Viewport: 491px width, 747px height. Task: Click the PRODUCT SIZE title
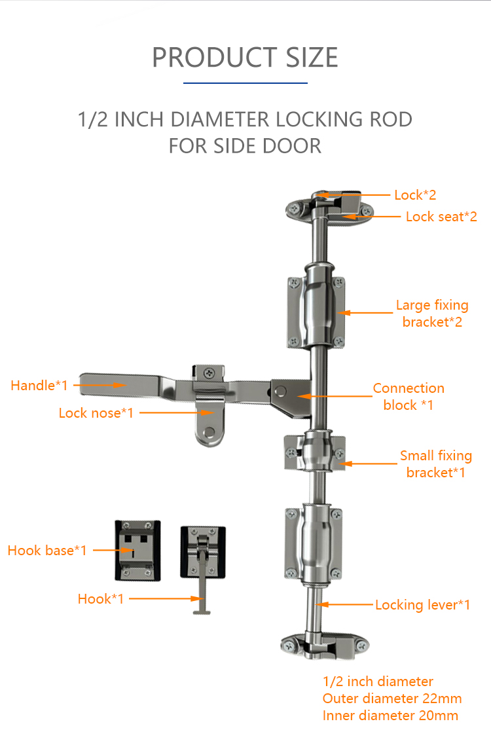(x=245, y=57)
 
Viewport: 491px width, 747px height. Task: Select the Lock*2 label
(x=415, y=195)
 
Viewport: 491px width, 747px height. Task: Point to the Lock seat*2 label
(x=441, y=217)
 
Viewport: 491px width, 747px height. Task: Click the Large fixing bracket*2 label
(x=432, y=314)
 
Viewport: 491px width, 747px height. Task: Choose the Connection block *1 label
(x=409, y=396)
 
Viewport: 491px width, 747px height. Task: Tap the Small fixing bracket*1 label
(x=436, y=464)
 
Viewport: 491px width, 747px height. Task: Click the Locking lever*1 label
(x=422, y=604)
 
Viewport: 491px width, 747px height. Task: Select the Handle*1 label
(x=39, y=386)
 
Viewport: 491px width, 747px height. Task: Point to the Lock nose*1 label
(x=96, y=412)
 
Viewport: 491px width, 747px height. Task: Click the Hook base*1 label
(x=47, y=550)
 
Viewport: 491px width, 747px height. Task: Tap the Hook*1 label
(x=100, y=599)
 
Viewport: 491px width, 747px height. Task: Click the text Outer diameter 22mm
(x=392, y=699)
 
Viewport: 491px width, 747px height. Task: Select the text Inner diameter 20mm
(x=391, y=716)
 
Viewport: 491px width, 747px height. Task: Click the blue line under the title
(x=245, y=83)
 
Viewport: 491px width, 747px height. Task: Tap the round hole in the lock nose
(x=209, y=433)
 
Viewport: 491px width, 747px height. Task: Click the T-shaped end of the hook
(x=202, y=611)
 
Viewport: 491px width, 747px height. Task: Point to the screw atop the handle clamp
(x=209, y=373)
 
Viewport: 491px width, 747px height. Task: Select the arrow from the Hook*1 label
(x=167, y=599)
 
